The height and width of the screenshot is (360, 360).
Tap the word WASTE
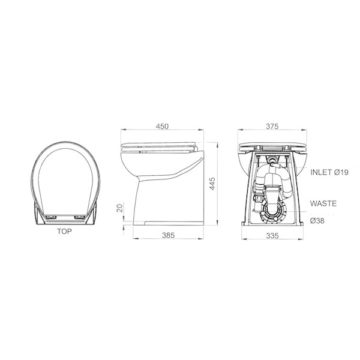point(323,204)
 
